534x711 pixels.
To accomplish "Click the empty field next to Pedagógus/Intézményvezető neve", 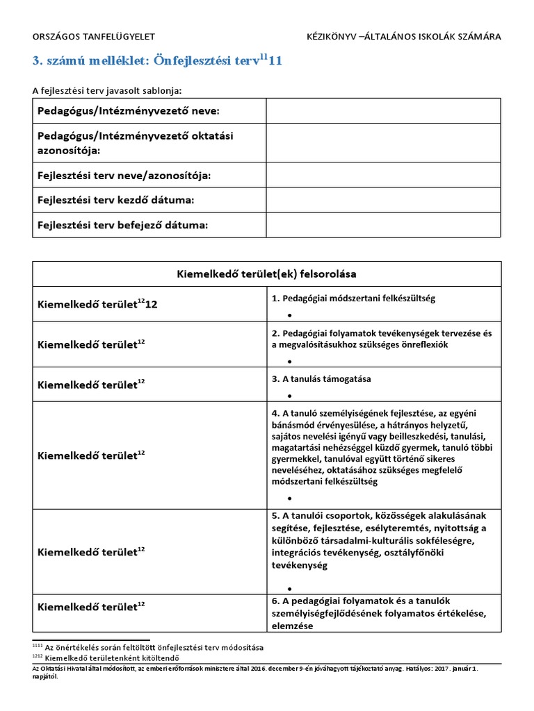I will click(x=382, y=111).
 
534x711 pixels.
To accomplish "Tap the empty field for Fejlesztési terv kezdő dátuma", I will click(x=382, y=201).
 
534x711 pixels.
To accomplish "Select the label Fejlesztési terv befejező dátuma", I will click(x=122, y=225).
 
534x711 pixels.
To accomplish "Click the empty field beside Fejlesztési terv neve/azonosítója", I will click(x=382, y=175).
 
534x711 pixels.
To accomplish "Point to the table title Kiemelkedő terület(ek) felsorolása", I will click(x=266, y=274).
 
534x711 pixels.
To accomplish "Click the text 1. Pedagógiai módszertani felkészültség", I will click(x=353, y=298).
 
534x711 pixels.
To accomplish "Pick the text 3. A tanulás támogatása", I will click(x=321, y=378).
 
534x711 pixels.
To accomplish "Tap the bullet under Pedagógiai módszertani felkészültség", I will click(x=289, y=315).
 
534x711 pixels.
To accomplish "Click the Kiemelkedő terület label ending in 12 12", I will click(x=97, y=304).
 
